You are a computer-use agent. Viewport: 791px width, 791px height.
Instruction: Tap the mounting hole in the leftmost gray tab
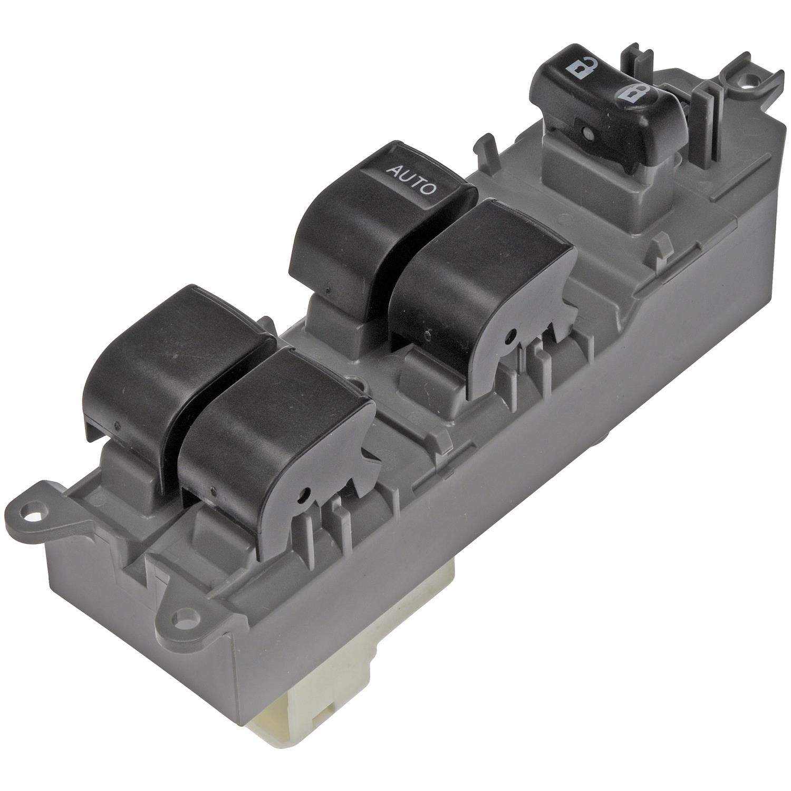[37, 511]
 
